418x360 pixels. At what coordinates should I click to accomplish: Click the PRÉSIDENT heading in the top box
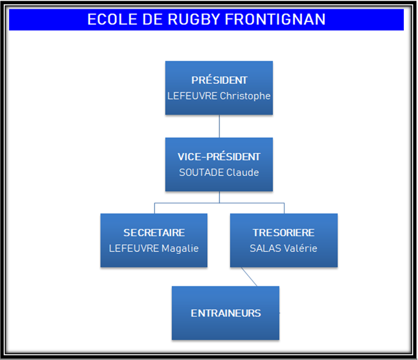tap(219, 80)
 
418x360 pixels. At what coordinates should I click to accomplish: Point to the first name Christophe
tap(245, 96)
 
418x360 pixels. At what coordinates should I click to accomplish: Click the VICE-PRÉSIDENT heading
tap(219, 157)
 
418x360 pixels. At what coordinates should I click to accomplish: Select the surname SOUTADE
tap(201, 173)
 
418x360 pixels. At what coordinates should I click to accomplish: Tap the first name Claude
tap(243, 173)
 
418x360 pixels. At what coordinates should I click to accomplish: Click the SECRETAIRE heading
tap(154, 233)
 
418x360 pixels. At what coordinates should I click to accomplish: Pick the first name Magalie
tap(180, 249)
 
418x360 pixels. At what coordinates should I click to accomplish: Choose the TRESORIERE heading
tap(283, 233)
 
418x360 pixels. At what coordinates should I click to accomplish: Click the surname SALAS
tap(264, 249)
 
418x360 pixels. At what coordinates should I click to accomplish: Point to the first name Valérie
tap(300, 249)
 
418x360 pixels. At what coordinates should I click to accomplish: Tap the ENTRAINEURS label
tap(226, 313)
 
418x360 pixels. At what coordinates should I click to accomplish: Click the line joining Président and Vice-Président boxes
tap(219, 126)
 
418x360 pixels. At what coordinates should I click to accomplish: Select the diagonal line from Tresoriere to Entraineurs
tap(249, 277)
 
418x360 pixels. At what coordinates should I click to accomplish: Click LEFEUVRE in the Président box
tap(192, 96)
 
